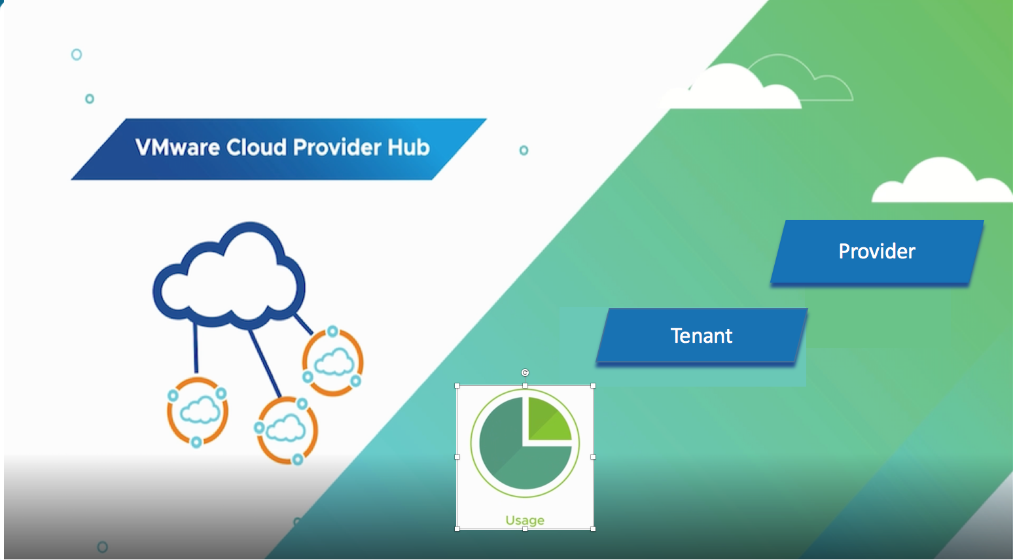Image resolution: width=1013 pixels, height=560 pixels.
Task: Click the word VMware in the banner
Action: pyautogui.click(x=177, y=147)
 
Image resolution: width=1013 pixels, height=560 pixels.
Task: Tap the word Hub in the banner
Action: pyautogui.click(x=408, y=147)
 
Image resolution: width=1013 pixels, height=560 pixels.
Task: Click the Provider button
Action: pyautogui.click(x=877, y=251)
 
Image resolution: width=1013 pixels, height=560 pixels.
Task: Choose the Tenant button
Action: pyautogui.click(x=702, y=336)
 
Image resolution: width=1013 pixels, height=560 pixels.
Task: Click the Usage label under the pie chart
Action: pyautogui.click(x=525, y=520)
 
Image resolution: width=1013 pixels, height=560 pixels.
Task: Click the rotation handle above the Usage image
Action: pyautogui.click(x=525, y=373)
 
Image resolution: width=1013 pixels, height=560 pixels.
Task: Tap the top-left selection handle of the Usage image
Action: pyautogui.click(x=457, y=386)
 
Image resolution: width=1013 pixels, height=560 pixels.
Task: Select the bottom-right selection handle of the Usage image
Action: pyautogui.click(x=593, y=529)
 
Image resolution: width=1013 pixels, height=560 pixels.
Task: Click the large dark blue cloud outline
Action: pyautogui.click(x=229, y=278)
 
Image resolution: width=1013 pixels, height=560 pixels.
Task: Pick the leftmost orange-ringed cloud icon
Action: pyautogui.click(x=198, y=412)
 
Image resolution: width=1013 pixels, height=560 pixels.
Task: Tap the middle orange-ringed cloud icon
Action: pyautogui.click(x=286, y=430)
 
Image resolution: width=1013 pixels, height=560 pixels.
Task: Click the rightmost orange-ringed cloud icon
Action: pyautogui.click(x=333, y=362)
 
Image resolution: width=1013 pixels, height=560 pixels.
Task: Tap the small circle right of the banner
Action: pyautogui.click(x=524, y=150)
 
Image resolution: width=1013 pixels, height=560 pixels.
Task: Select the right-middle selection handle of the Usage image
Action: pyautogui.click(x=593, y=457)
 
